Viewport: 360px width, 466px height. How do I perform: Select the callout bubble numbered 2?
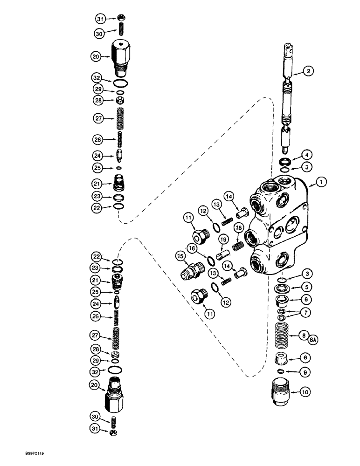308,71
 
